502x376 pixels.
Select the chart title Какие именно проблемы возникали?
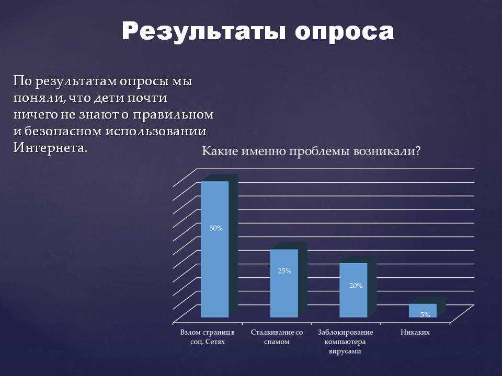click(311, 151)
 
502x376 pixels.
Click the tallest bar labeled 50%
click(215, 249)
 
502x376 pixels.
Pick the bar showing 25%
click(284, 283)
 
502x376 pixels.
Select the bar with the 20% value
click(353, 290)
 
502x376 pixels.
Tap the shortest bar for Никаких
click(423, 310)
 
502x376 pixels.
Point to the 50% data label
click(216, 228)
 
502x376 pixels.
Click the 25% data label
click(284, 271)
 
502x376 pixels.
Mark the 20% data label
click(356, 286)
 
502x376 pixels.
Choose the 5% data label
click(425, 314)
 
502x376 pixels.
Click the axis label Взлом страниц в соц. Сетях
click(208, 337)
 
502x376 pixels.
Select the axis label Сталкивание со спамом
click(277, 337)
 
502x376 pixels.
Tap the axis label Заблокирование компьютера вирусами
click(345, 342)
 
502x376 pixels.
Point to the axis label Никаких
click(415, 333)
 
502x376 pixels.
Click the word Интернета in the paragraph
click(50, 148)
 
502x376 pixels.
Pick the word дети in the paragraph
click(108, 98)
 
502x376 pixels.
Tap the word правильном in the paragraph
click(173, 115)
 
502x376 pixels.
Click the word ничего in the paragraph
click(35, 115)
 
